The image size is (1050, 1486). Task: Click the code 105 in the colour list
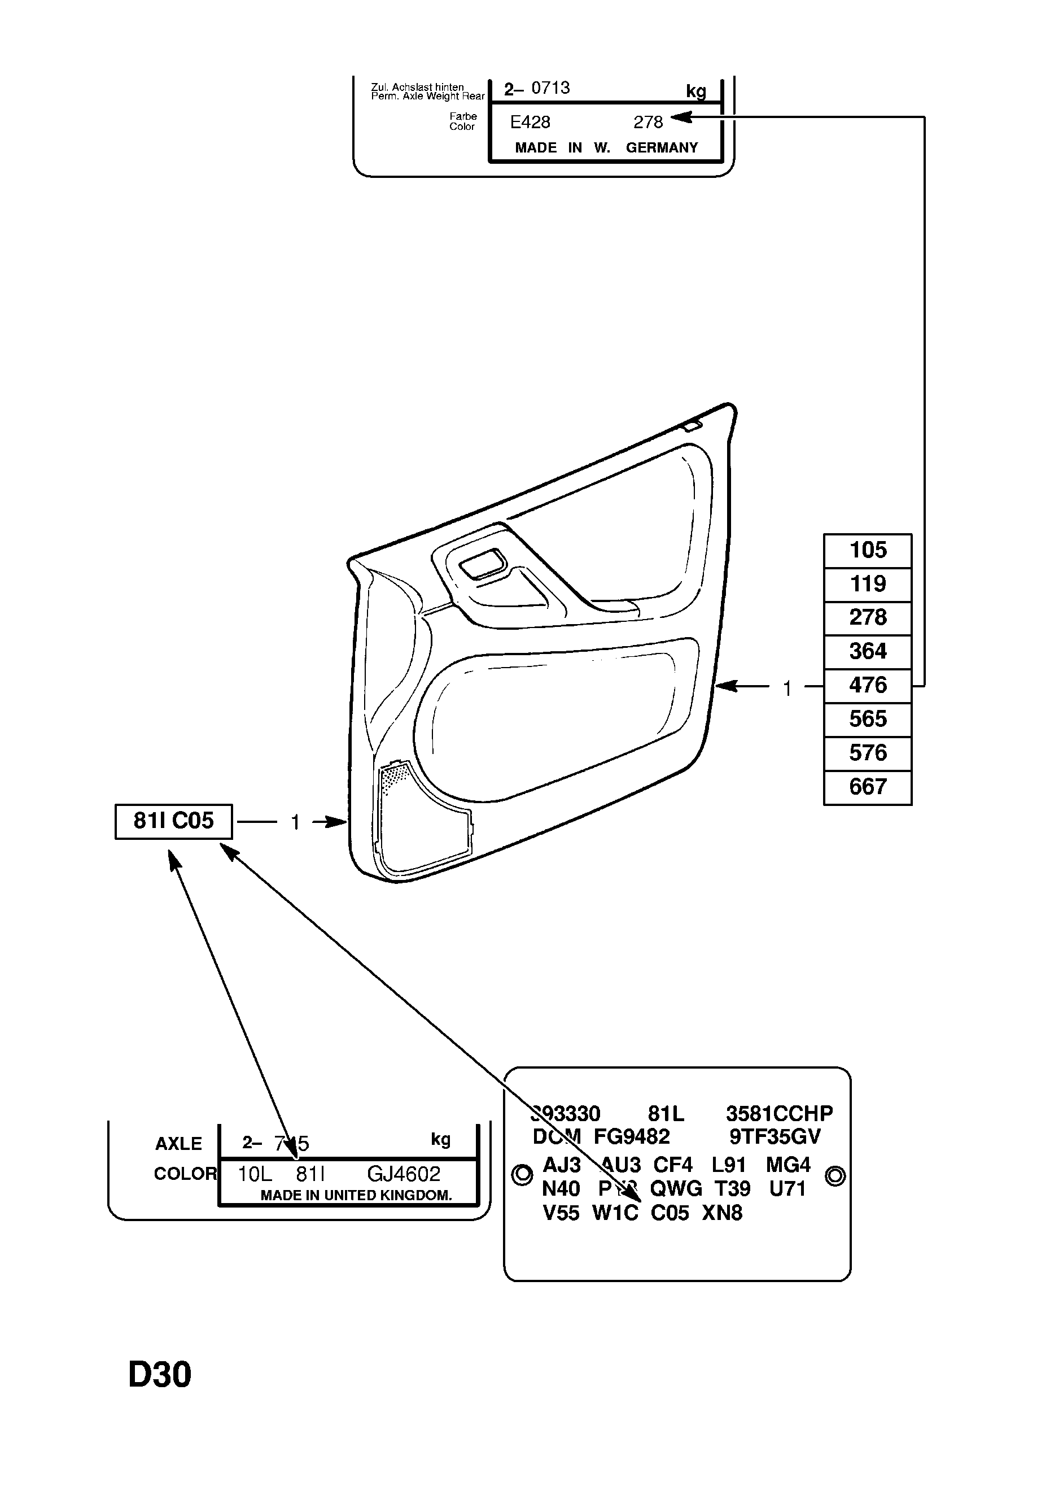point(867,550)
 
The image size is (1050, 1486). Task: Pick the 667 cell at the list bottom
point(867,786)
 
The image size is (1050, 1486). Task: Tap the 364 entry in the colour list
point(867,651)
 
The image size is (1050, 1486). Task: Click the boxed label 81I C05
point(173,821)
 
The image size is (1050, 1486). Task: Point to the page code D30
point(160,1375)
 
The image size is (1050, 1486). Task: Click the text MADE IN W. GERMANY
point(606,147)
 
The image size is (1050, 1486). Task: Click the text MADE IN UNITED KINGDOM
point(356,1195)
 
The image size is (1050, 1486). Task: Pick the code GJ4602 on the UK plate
point(403,1174)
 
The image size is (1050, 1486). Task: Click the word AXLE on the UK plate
point(178,1144)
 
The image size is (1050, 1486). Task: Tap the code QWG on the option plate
point(675,1189)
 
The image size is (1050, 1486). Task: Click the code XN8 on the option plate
point(722,1213)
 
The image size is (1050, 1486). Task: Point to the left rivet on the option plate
point(522,1175)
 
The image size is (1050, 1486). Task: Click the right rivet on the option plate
point(835,1175)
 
